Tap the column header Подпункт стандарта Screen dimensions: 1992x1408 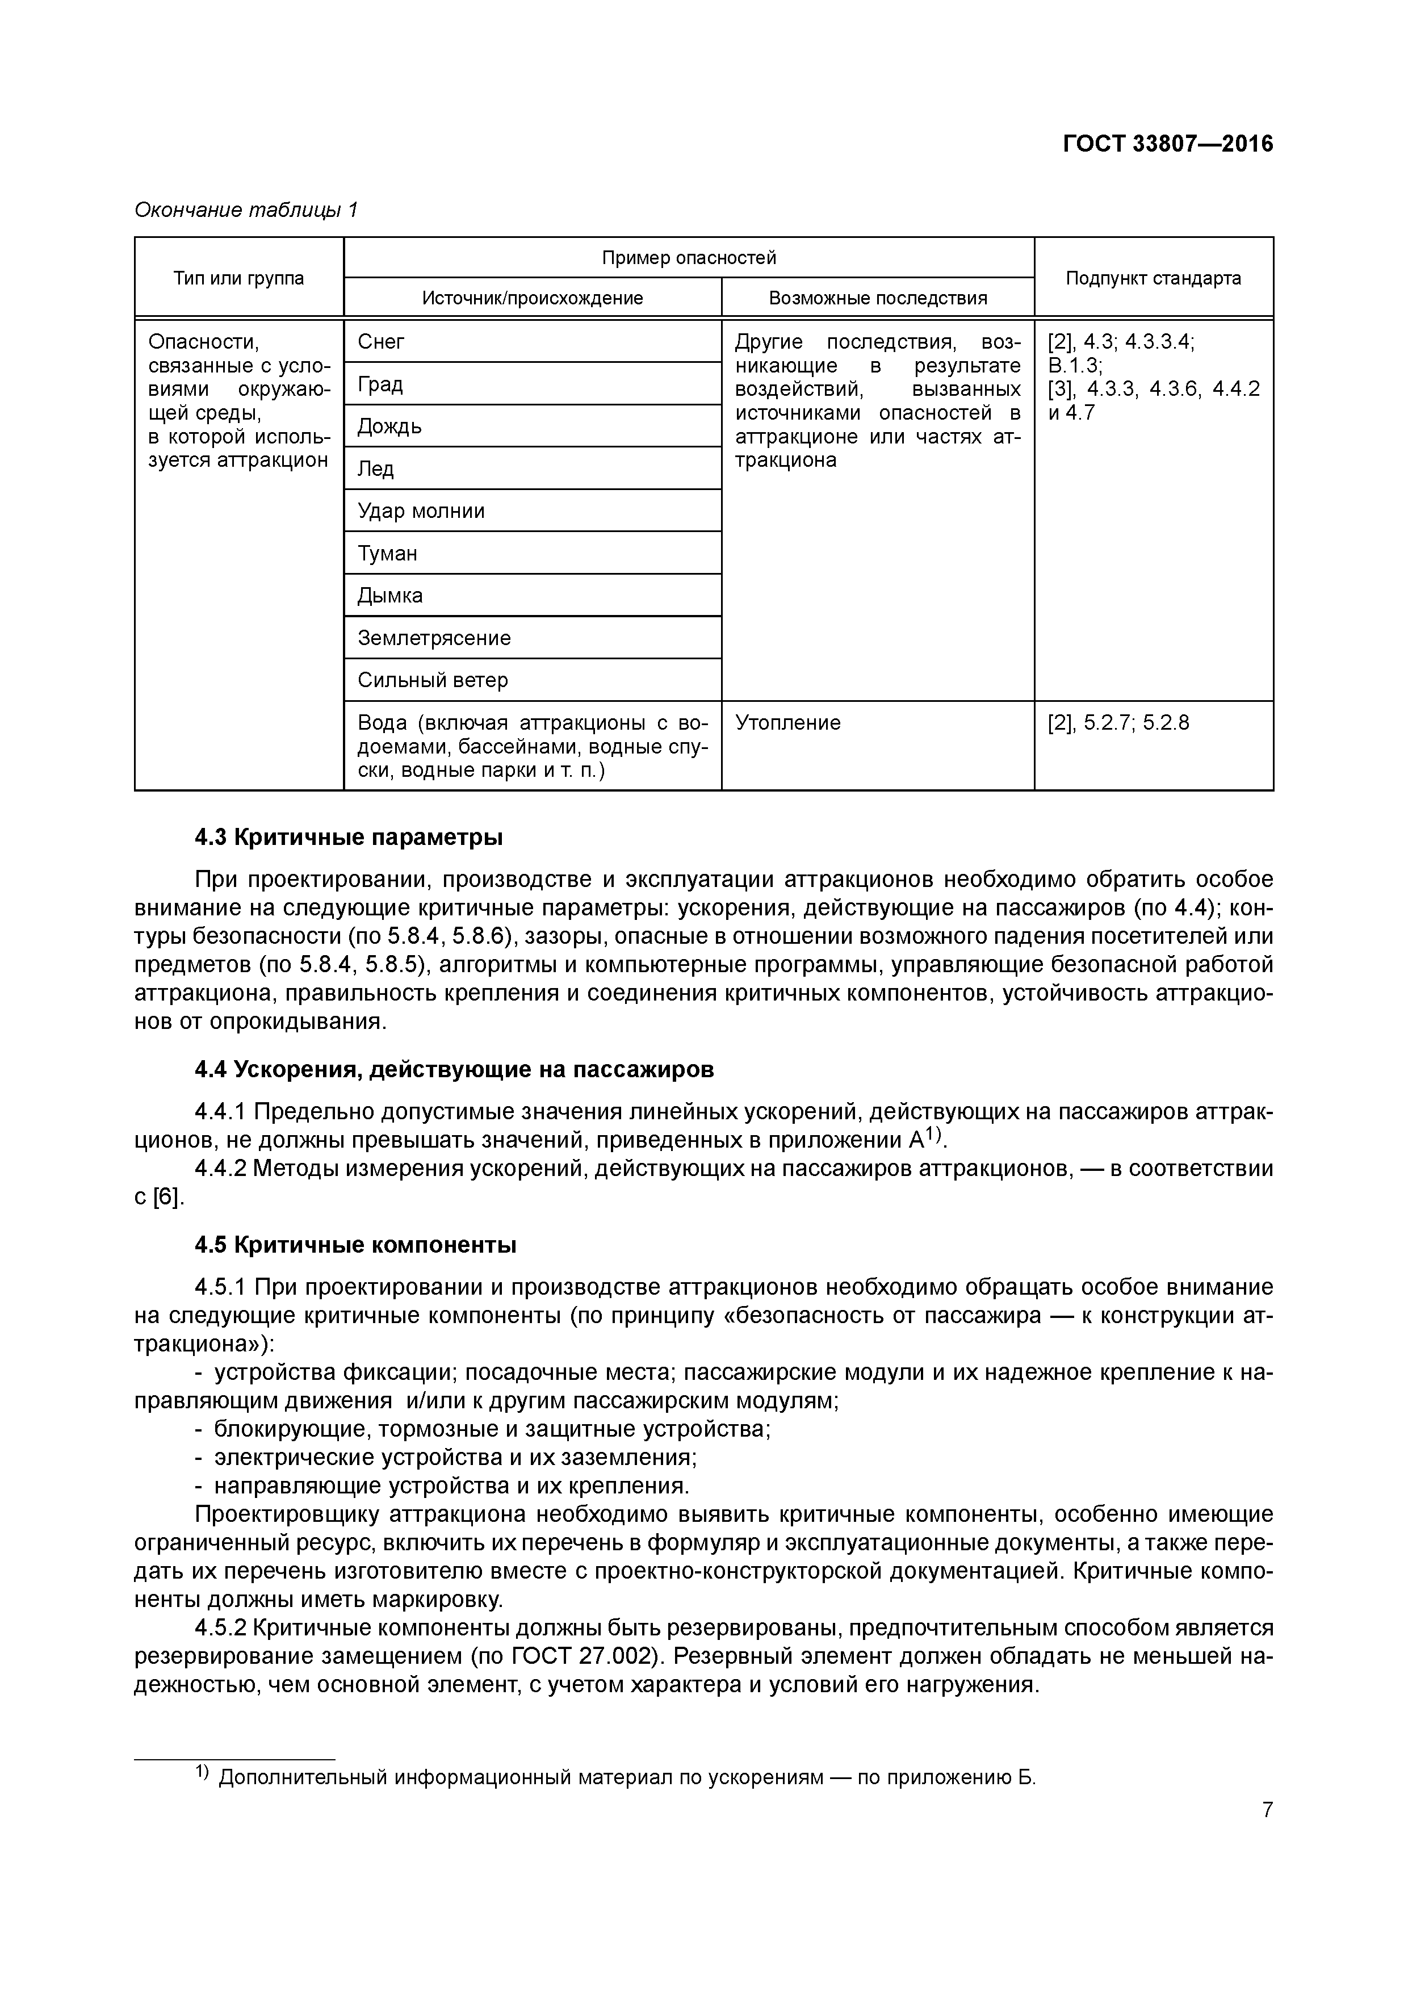(1153, 278)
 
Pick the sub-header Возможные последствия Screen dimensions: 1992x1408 (877, 299)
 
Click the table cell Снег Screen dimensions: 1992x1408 (381, 342)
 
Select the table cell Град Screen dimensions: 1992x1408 (380, 384)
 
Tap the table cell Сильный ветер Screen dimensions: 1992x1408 (432, 680)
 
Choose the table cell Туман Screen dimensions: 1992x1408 (387, 554)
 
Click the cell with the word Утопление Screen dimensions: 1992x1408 (787, 723)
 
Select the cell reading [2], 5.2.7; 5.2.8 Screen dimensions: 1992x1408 (1118, 723)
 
